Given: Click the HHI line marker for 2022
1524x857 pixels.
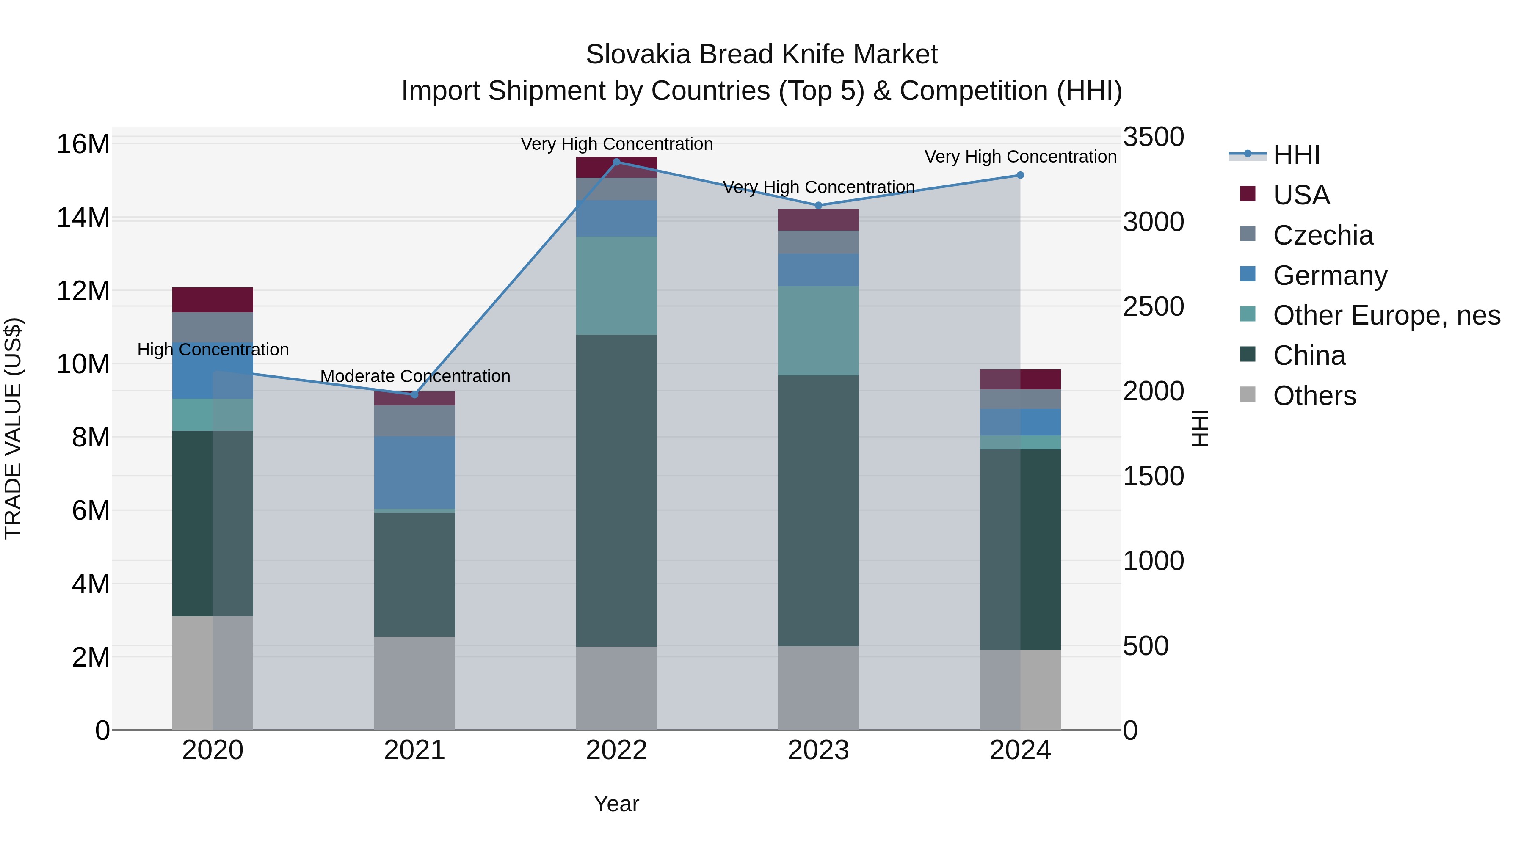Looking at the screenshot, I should [616, 162].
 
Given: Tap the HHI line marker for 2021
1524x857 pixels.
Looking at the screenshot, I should [415, 394].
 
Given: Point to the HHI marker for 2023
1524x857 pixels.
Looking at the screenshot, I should [818, 205].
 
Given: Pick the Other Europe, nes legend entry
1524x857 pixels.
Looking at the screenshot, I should [1386, 315].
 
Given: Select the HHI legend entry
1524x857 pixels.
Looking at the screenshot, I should [1296, 155].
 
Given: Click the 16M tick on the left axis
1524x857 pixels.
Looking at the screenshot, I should [83, 144].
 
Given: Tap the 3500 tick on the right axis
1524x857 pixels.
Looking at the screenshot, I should [1153, 137].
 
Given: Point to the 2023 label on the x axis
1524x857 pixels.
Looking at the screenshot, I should [818, 750].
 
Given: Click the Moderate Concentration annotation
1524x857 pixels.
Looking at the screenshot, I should [415, 376].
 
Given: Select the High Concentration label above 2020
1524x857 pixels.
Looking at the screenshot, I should [213, 350].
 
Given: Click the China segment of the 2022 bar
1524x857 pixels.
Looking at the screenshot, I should [616, 491].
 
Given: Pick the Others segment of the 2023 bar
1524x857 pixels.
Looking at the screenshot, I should [818, 687].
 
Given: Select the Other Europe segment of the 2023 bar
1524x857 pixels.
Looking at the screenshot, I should [818, 330].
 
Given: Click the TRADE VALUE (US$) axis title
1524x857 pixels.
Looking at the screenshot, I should [13, 428].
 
